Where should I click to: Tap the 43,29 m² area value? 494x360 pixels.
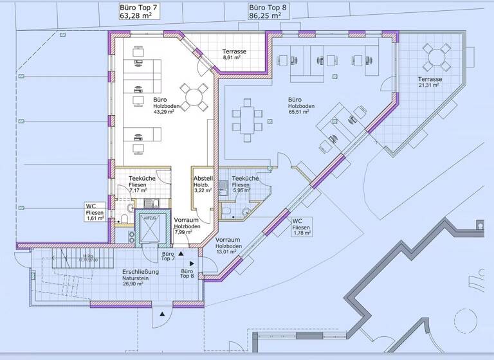[165, 112]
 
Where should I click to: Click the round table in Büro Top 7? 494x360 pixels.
[194, 96]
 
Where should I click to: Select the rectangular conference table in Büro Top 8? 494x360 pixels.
[248, 120]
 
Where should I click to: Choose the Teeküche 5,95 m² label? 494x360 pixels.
[245, 184]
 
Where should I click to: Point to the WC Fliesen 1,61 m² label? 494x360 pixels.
[95, 212]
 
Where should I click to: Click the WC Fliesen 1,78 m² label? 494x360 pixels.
[302, 227]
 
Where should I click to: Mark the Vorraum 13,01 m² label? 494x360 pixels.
[228, 246]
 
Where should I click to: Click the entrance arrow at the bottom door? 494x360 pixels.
[163, 313]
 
